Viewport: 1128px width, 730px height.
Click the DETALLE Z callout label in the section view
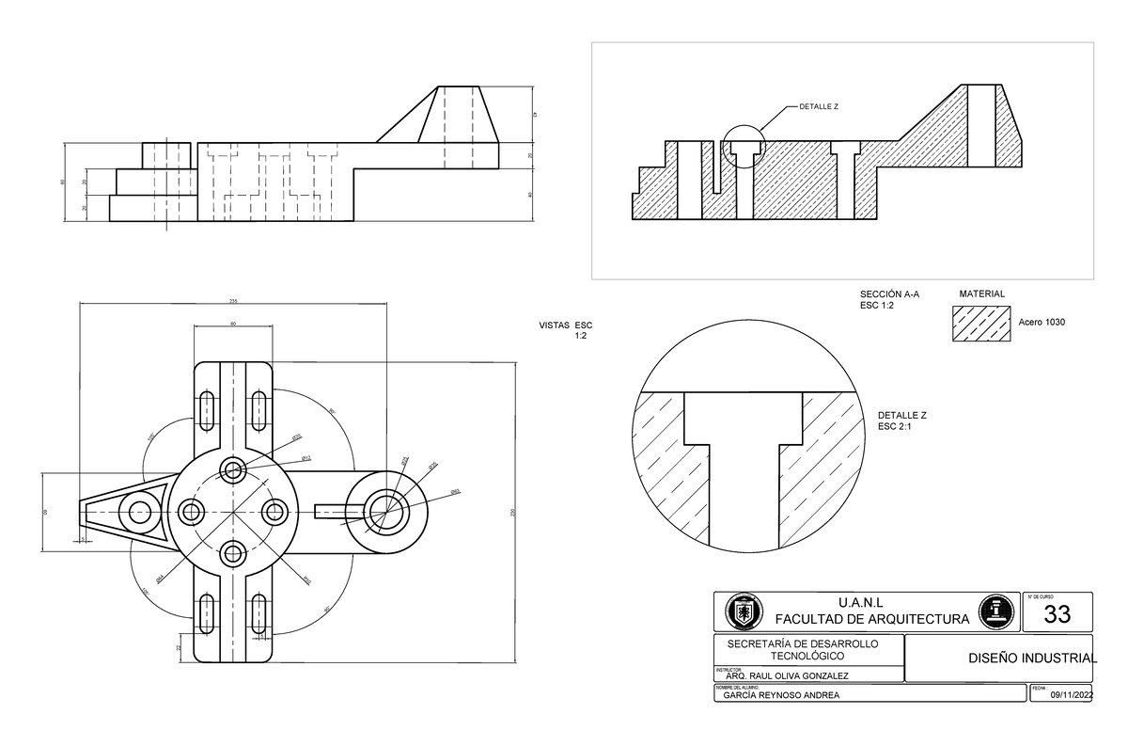pos(818,106)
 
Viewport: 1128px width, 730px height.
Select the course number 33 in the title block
pos(1057,615)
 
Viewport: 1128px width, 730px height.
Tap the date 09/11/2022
pos(1073,695)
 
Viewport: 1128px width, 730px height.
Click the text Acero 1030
pos(1042,323)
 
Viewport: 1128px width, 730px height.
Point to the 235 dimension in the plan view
pos(232,301)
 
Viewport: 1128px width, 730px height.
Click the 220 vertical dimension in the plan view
pos(513,512)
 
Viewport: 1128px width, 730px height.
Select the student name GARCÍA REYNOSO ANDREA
pos(780,695)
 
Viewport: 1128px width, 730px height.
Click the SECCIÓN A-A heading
pos(889,294)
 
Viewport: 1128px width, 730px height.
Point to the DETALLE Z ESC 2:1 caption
pos(901,421)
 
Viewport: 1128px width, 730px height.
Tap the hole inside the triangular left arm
pos(141,513)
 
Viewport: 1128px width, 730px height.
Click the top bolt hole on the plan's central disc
pos(232,469)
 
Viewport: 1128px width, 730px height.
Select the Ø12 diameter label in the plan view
pos(305,458)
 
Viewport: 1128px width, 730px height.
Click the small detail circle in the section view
pos(744,147)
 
